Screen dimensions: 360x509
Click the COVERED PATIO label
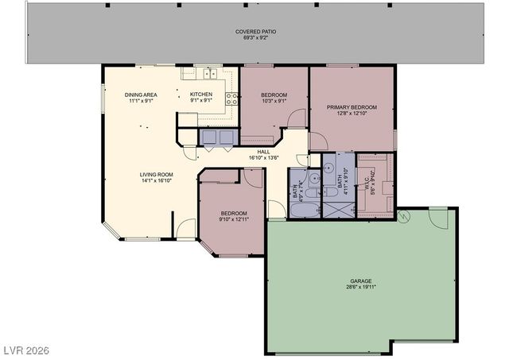point(254,31)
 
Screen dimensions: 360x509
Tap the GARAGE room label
point(361,281)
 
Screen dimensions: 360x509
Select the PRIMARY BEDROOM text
point(352,106)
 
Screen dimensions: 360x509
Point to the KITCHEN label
point(200,95)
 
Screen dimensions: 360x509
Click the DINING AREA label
point(140,95)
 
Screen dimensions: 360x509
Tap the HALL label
point(263,151)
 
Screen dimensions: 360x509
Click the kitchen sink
point(211,74)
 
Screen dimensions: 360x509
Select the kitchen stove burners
point(231,99)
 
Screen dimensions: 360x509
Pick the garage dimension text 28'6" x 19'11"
point(361,288)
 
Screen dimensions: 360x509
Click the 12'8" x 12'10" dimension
point(352,114)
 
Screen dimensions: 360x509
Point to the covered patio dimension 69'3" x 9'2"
point(254,37)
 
